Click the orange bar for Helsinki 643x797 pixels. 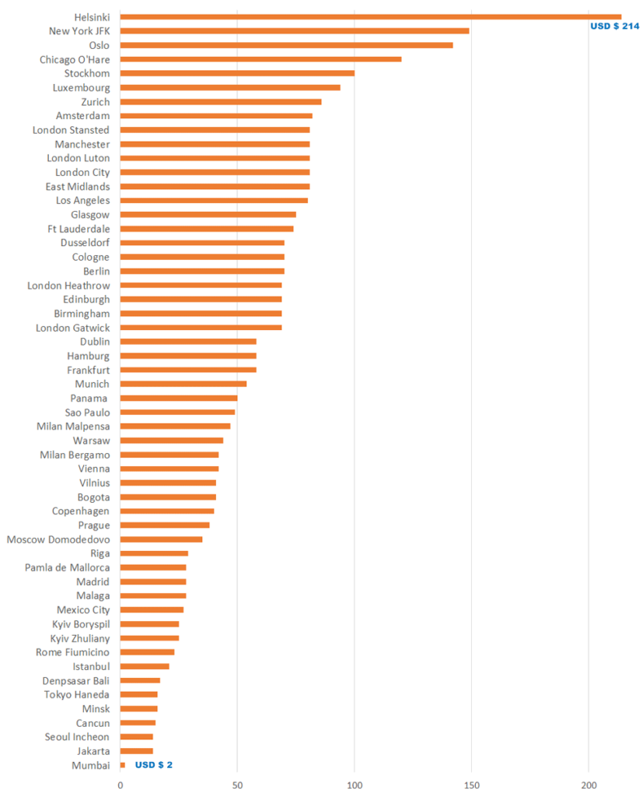[x=370, y=16]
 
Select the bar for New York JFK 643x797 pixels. [x=294, y=30]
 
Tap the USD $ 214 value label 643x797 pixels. [x=614, y=26]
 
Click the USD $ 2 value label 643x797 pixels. [x=154, y=765]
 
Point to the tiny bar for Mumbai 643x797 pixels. [x=123, y=765]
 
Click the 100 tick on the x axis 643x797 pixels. [x=355, y=785]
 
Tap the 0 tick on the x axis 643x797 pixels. [x=121, y=785]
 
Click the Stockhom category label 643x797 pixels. [x=86, y=73]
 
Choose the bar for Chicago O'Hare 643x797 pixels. [x=260, y=59]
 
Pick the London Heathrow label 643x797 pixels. [x=68, y=286]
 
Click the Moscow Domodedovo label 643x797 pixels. [x=58, y=539]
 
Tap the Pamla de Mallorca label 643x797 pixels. [x=67, y=567]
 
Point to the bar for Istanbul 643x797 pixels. [x=145, y=666]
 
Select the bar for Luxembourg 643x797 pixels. [x=230, y=87]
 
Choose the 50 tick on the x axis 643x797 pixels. [x=237, y=785]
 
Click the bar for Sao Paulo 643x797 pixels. [x=177, y=412]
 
